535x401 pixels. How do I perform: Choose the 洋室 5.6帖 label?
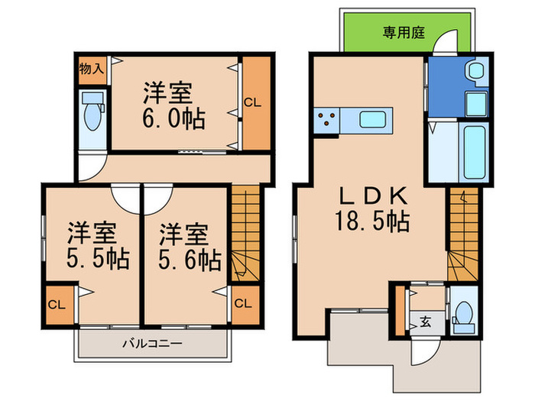(x=184, y=244)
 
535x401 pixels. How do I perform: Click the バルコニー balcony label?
(x=152, y=344)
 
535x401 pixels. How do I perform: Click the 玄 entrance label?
(x=423, y=322)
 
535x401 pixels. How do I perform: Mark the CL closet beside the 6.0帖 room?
(x=255, y=103)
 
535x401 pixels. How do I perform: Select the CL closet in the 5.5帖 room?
(x=57, y=303)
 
